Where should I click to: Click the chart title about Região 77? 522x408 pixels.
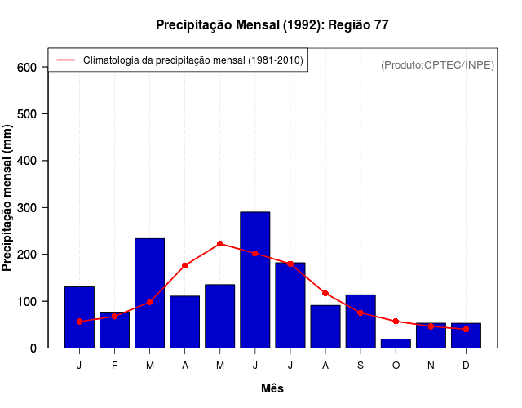(x=272, y=25)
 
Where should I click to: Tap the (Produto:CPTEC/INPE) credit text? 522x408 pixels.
(x=437, y=64)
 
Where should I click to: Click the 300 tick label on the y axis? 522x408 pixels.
(x=27, y=208)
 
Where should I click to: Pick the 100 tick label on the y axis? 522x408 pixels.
(x=27, y=302)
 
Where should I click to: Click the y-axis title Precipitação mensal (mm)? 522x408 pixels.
(x=8, y=198)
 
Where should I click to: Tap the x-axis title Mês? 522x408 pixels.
(x=272, y=388)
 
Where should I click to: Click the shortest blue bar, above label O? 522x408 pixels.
(x=396, y=343)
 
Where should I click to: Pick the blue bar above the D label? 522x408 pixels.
(x=466, y=335)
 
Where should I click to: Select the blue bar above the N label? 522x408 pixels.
(x=431, y=335)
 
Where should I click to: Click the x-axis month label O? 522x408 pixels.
(x=396, y=366)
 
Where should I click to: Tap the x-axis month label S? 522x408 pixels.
(x=361, y=366)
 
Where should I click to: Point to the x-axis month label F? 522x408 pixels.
(x=114, y=366)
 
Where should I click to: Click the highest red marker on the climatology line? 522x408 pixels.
(x=219, y=243)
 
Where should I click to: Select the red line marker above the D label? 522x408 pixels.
(x=466, y=329)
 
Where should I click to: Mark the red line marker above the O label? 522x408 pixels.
(x=396, y=322)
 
